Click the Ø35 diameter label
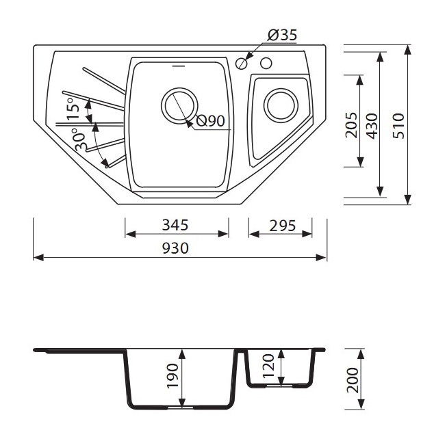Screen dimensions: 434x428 click(282, 35)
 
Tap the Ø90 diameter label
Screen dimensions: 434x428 click(210, 121)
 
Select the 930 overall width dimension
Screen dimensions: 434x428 click(175, 248)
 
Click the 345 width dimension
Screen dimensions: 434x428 click(175, 225)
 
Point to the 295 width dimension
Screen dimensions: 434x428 click(282, 226)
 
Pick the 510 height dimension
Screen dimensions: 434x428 click(398, 126)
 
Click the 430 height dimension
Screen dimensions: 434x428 click(372, 126)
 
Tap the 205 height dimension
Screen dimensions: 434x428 click(351, 125)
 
